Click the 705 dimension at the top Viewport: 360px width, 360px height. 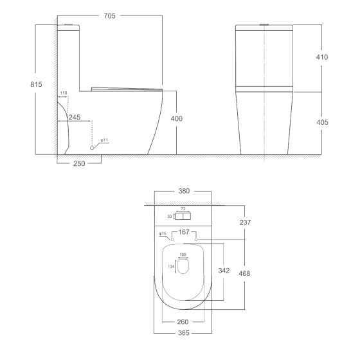click(x=109, y=16)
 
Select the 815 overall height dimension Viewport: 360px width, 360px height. click(x=36, y=84)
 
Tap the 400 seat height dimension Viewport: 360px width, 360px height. click(x=177, y=118)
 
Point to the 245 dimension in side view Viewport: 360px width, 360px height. click(x=75, y=117)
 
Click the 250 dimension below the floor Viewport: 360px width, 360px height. click(x=79, y=163)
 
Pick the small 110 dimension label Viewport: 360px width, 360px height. click(x=64, y=93)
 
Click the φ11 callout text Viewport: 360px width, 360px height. click(x=104, y=140)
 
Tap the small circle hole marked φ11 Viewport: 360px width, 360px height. click(x=92, y=148)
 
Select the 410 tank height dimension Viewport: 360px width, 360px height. click(x=322, y=57)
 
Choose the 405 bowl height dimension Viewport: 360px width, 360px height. click(x=322, y=122)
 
